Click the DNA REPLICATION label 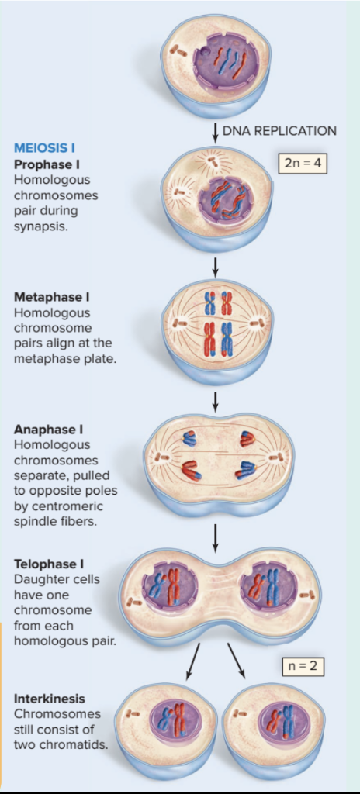(279, 130)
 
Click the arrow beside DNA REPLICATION (215, 130)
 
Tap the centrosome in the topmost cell (178, 50)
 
